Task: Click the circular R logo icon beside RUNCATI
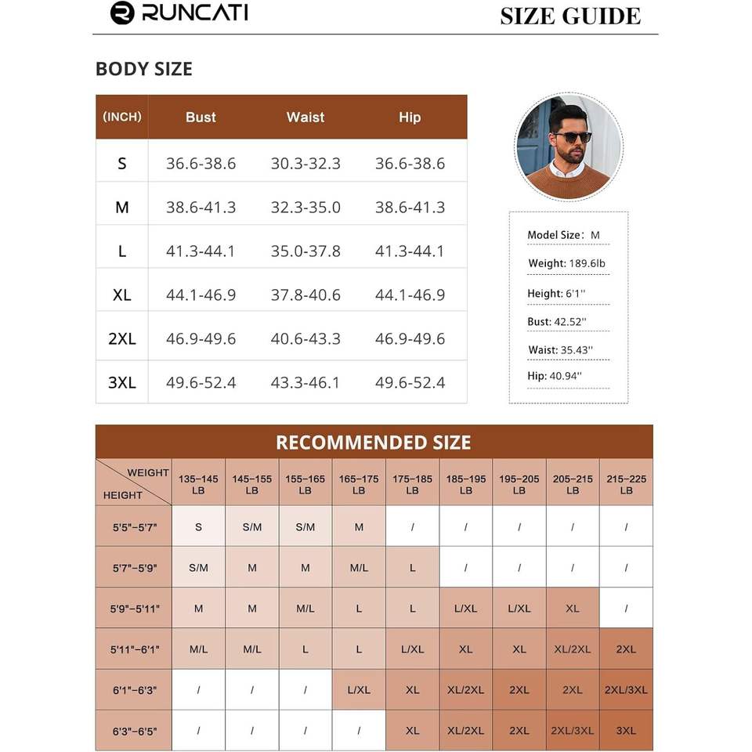[122, 13]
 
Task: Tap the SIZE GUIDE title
[569, 16]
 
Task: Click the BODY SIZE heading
[143, 69]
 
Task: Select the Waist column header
[305, 117]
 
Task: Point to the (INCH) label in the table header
[122, 117]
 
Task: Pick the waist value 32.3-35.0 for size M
[305, 208]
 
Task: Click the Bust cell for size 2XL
[201, 339]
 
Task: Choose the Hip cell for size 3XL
[410, 383]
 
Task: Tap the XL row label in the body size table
[122, 295]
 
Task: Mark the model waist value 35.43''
[577, 350]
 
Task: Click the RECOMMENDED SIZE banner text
[374, 443]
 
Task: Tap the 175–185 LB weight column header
[412, 484]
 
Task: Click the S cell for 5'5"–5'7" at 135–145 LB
[198, 527]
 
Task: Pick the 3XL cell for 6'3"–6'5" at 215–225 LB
[626, 731]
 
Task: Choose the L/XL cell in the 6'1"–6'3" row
[359, 690]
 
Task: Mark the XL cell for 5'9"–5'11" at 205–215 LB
[573, 609]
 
